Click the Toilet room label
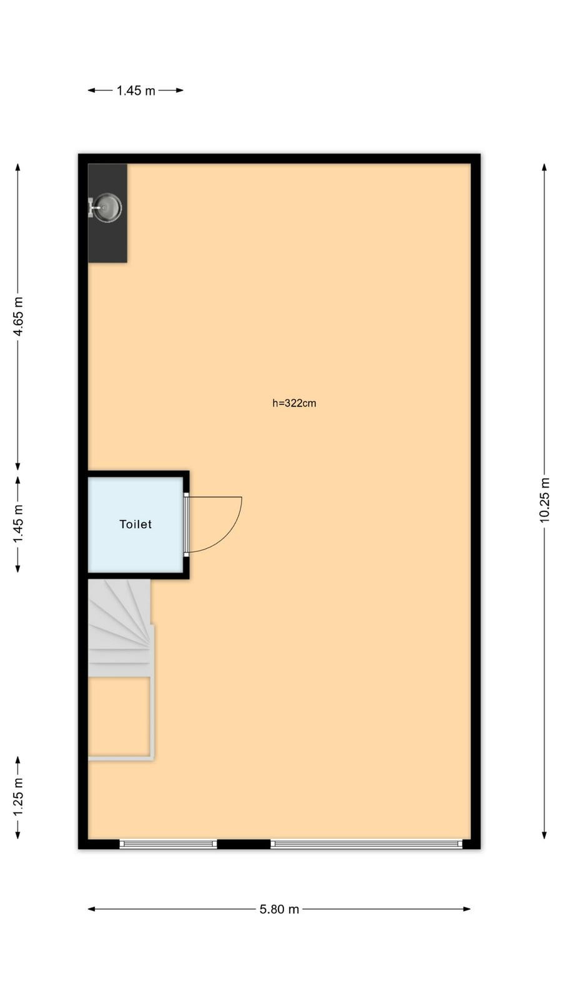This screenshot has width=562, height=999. pyautogui.click(x=136, y=524)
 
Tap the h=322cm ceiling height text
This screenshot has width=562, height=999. pyautogui.click(x=294, y=403)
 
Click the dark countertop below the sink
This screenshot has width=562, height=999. pyautogui.click(x=107, y=242)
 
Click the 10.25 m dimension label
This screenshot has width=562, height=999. pyautogui.click(x=544, y=500)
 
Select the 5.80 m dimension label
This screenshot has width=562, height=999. pyautogui.click(x=279, y=909)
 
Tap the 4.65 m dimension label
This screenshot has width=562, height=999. pyautogui.click(x=18, y=317)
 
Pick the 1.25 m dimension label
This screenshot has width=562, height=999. pyautogui.click(x=18, y=797)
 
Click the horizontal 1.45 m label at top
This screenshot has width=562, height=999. pyautogui.click(x=136, y=91)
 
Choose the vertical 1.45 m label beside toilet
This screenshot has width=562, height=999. pyautogui.click(x=18, y=524)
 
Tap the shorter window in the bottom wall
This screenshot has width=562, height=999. pyautogui.click(x=168, y=844)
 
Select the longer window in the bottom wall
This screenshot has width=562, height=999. pyautogui.click(x=367, y=844)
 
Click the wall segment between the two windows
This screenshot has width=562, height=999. pyautogui.click(x=244, y=844)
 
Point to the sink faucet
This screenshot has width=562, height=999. pyautogui.click(x=94, y=207)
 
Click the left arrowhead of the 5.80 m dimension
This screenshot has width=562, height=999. pyautogui.click(x=91, y=909)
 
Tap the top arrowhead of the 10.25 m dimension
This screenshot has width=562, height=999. pyautogui.click(x=544, y=167)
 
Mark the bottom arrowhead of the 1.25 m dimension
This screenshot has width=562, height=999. pyautogui.click(x=18, y=835)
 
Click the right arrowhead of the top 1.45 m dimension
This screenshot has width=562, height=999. pyautogui.click(x=180, y=90)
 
